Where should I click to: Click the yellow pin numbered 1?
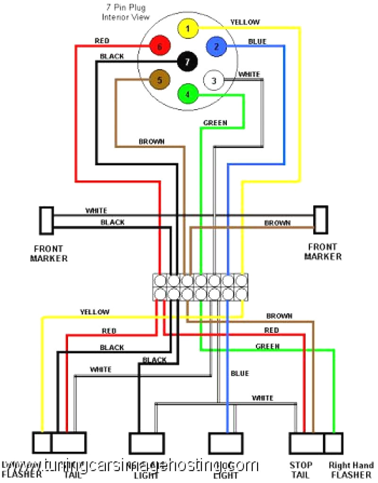pos(188,29)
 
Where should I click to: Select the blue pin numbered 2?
pos(216,46)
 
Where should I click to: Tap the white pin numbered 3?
pos(213,81)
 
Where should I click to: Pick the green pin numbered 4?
pos(188,94)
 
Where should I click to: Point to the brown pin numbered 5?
pos(159,80)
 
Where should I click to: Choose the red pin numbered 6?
pos(159,47)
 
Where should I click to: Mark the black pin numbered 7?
pos(188,61)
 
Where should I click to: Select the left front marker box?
pos(46,220)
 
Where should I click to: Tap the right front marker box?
pos(321,220)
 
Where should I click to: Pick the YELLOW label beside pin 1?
pos(245,22)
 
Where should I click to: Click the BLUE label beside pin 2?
pos(257,42)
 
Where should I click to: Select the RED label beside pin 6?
pos(102,41)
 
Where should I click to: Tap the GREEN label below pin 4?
pos(215,123)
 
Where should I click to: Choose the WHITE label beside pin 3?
pos(249,74)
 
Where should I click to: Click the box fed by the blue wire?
pos(226,443)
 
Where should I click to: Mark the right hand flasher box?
pos(334,443)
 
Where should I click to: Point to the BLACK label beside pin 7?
pos(112,56)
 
